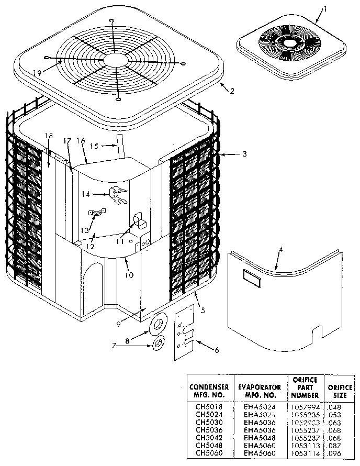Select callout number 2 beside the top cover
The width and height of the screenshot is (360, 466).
[232, 91]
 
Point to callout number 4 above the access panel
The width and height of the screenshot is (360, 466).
[280, 249]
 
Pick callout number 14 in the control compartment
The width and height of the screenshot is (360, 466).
[85, 194]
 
